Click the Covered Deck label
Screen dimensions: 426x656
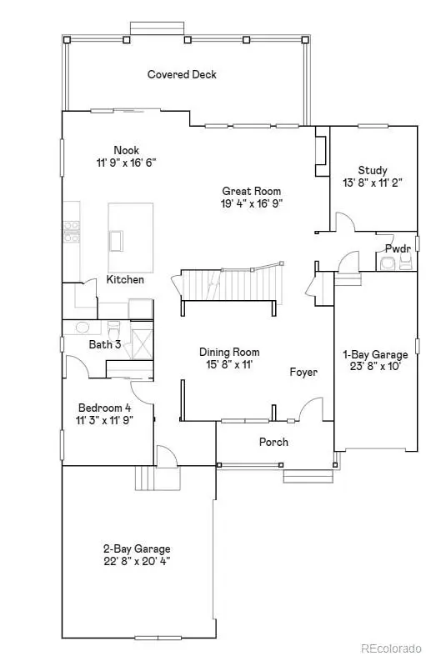click(x=182, y=74)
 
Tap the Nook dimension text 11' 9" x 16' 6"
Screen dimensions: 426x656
click(x=127, y=163)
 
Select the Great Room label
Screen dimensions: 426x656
click(x=252, y=191)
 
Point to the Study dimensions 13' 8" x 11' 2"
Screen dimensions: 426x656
click(x=373, y=183)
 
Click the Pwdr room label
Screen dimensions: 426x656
click(x=398, y=248)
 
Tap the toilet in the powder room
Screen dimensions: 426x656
click(x=388, y=263)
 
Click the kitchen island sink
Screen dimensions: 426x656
click(x=116, y=241)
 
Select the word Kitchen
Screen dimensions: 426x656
click(x=125, y=279)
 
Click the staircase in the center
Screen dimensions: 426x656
click(x=228, y=284)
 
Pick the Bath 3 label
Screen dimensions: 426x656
click(x=105, y=344)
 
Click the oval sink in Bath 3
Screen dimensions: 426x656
click(x=83, y=327)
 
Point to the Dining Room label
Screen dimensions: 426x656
click(x=229, y=352)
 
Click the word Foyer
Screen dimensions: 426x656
click(x=303, y=372)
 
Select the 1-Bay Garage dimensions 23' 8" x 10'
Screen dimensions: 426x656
click(x=376, y=367)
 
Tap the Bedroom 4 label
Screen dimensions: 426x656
click(x=105, y=408)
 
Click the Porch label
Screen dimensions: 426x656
click(x=273, y=442)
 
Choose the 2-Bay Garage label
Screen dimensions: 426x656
click(x=137, y=548)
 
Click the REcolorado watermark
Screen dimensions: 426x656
click(x=391, y=648)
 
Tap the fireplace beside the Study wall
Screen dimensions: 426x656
click(x=323, y=152)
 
